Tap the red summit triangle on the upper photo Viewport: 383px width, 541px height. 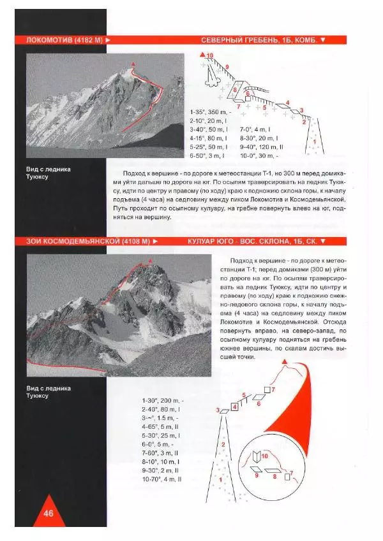tap(133, 64)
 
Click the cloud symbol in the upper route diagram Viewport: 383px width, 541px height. tap(211, 78)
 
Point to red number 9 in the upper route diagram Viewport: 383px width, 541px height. tap(227, 66)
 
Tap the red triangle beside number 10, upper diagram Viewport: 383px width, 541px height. tap(202, 55)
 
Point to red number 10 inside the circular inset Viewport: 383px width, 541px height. tap(264, 457)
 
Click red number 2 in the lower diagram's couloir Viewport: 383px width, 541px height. tap(223, 443)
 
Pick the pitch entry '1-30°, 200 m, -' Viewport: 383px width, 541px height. tap(161, 400)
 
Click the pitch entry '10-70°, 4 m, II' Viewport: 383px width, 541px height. tap(162, 479)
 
